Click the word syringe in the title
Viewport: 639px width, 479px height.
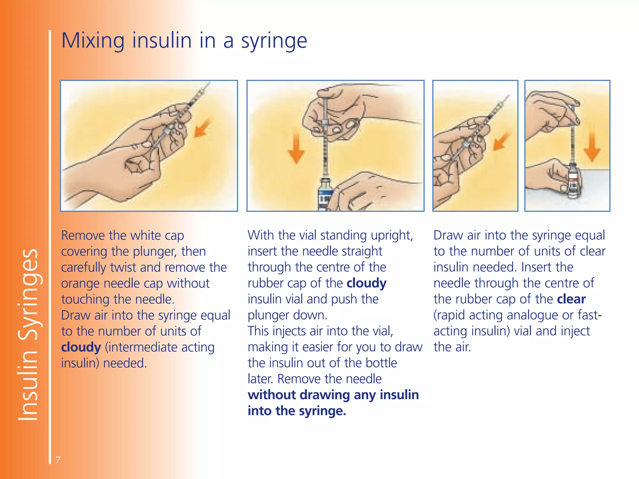click(274, 41)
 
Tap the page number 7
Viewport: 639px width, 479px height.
click(58, 460)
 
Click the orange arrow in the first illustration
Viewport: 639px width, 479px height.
click(202, 128)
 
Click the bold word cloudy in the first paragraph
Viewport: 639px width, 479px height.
click(81, 347)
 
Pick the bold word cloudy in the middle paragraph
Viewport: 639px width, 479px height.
click(366, 283)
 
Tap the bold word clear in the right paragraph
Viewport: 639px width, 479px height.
click(571, 299)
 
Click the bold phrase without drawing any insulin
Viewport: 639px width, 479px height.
click(333, 395)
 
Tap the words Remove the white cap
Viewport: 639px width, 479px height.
click(122, 235)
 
